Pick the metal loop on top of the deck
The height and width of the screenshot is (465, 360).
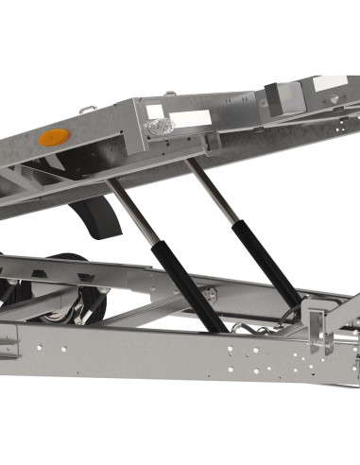coord(88,112)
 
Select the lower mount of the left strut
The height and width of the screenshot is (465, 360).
coord(223,326)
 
